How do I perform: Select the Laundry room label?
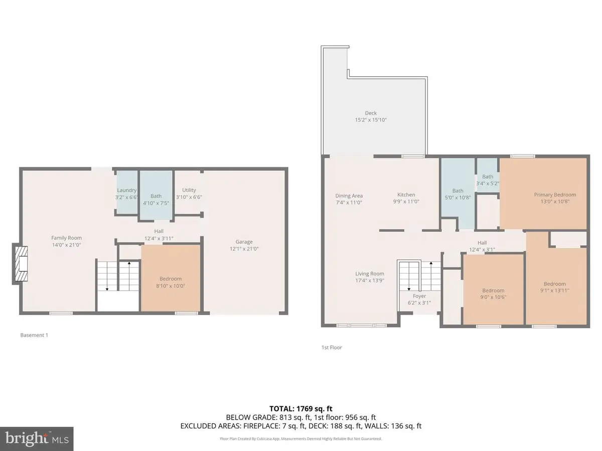(126, 190)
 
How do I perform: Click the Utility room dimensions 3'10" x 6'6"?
(189, 197)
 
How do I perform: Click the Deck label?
(371, 113)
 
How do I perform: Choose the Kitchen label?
(406, 194)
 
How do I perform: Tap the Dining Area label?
(349, 196)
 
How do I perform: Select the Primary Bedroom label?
(555, 194)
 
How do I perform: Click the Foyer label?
(419, 296)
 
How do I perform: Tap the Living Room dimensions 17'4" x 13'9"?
(370, 281)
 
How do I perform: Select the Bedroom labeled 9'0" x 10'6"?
(493, 291)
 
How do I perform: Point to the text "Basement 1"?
(34, 335)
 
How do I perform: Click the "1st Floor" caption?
(332, 347)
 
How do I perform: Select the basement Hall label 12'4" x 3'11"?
(159, 238)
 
